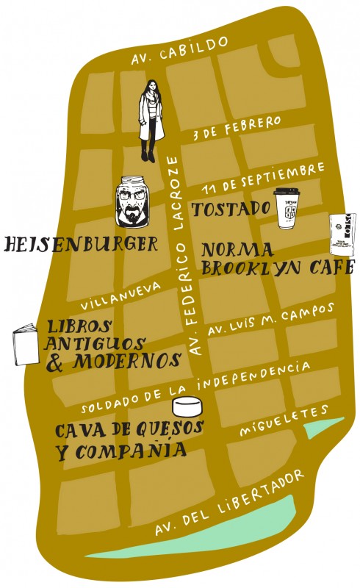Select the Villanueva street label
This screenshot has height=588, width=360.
tap(119, 293)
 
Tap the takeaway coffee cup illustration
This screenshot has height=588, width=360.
tap(287, 209)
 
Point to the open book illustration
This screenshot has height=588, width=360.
tap(26, 344)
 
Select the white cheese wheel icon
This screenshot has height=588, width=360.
tap(187, 406)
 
